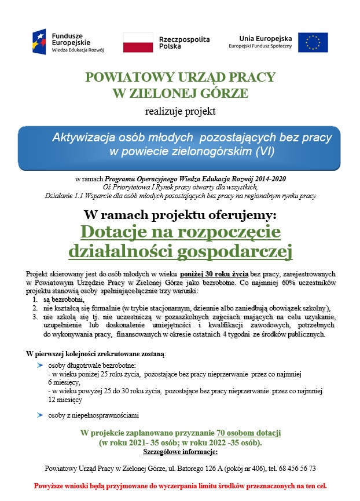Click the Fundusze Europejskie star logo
(42, 41)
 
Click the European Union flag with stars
(313, 42)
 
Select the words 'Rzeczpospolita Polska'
(184, 42)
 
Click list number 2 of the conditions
(36, 308)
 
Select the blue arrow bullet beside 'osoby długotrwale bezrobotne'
(39, 365)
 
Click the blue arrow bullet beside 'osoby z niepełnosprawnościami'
(39, 415)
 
